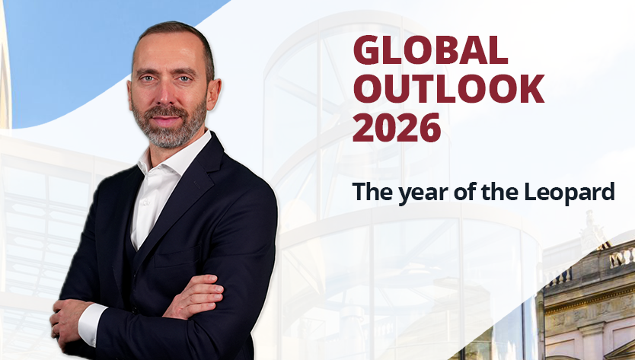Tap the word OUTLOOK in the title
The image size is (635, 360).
click(x=448, y=89)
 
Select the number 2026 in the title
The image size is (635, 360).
click(x=396, y=127)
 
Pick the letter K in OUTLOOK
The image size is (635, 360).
click(x=531, y=89)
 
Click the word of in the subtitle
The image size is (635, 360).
click(x=463, y=193)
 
